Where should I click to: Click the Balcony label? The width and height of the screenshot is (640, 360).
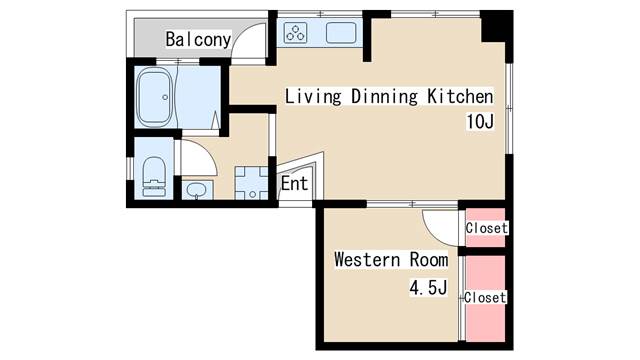tap(198, 39)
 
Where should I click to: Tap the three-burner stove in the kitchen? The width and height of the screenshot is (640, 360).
tap(296, 33)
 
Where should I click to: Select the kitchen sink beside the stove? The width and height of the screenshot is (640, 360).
tap(341, 33)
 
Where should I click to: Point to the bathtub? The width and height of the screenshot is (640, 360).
tap(154, 97)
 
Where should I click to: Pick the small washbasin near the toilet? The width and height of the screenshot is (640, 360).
tap(197, 190)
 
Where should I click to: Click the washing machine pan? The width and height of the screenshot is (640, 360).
tap(251, 183)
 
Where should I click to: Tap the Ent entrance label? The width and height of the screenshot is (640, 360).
tap(294, 183)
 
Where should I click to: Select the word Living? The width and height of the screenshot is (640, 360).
tap(313, 97)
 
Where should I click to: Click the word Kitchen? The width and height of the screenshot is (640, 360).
tap(460, 96)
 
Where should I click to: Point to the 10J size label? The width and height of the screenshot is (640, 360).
tap(480, 121)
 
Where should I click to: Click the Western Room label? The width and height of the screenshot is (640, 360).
tap(391, 260)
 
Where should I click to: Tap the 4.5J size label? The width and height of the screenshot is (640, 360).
tap(428, 287)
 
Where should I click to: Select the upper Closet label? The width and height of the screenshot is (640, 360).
tap(487, 228)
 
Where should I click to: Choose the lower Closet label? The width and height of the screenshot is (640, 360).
tap(485, 297)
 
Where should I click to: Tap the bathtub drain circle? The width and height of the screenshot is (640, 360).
tap(165, 97)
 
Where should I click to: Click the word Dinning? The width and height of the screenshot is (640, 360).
tap(384, 97)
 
